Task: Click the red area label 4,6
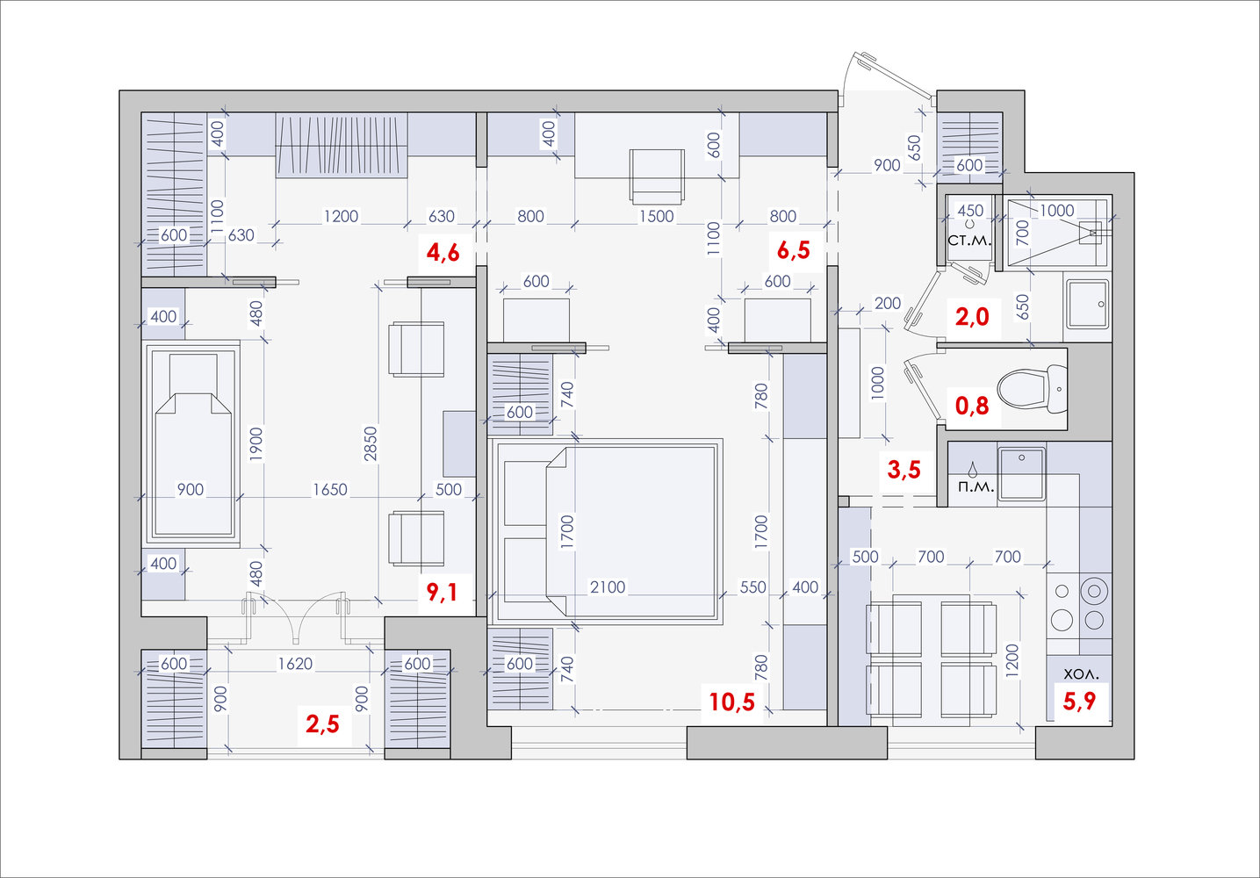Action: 443,253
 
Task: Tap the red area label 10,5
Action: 731,702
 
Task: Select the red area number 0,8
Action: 972,405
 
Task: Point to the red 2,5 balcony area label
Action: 322,724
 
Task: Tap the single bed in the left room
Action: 191,443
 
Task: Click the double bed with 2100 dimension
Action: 606,531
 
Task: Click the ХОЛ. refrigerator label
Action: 1081,673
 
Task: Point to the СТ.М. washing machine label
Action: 969,241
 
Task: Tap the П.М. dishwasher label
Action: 976,487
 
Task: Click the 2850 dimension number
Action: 371,443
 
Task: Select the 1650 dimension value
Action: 330,489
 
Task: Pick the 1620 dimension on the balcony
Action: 295,664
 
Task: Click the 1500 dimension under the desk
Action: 657,216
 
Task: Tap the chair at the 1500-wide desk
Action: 657,176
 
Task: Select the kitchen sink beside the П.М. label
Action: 1021,473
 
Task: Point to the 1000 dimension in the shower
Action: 1057,211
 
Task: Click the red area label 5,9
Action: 1079,701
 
